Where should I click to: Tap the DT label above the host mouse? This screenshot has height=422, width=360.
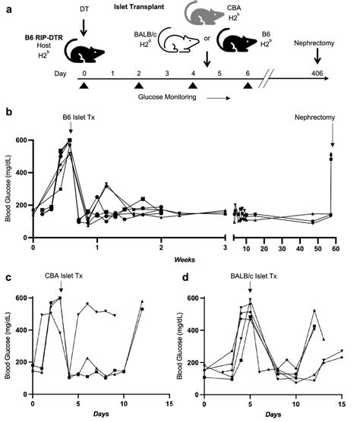(83, 8)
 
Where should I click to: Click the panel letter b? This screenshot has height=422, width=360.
(8, 112)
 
